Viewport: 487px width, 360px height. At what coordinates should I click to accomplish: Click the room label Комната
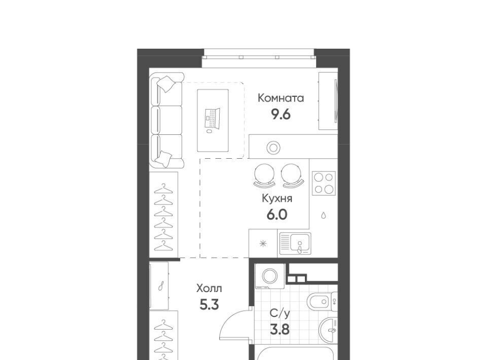tap(281, 98)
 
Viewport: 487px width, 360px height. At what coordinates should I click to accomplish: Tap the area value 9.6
tap(281, 115)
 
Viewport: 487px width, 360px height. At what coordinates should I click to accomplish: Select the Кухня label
tap(277, 199)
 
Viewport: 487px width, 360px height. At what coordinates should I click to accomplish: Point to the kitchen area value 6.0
tap(277, 214)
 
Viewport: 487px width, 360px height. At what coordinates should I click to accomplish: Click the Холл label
tap(209, 289)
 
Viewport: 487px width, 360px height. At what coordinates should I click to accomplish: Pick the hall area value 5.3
tap(209, 305)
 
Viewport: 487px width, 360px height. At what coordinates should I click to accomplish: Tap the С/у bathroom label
tap(280, 313)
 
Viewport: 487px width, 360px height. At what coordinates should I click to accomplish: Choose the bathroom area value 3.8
tap(280, 330)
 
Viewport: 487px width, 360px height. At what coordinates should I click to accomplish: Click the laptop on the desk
tap(213, 119)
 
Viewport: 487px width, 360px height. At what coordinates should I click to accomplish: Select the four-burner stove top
tap(324, 183)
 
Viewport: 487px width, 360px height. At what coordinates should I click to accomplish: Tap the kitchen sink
tap(295, 243)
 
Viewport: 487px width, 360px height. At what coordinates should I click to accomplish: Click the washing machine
tap(269, 276)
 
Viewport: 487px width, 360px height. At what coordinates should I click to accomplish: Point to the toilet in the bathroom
tap(322, 301)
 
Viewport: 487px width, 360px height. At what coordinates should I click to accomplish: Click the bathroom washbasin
tap(328, 330)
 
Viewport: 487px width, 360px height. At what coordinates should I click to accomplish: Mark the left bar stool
tap(264, 175)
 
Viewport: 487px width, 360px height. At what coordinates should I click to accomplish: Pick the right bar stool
tap(293, 175)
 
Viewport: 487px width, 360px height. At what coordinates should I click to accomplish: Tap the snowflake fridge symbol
tap(263, 243)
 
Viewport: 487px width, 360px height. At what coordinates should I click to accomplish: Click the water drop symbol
tap(323, 215)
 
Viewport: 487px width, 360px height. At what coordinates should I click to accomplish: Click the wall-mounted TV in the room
tap(335, 101)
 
